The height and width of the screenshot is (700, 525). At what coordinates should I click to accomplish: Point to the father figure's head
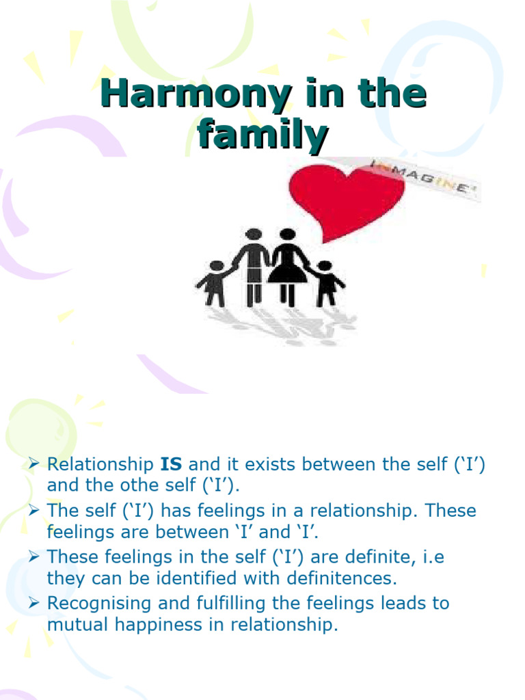click(x=254, y=234)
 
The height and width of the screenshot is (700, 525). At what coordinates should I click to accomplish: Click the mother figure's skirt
click(x=288, y=273)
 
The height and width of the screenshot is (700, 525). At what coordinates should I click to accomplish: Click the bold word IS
click(x=172, y=465)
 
